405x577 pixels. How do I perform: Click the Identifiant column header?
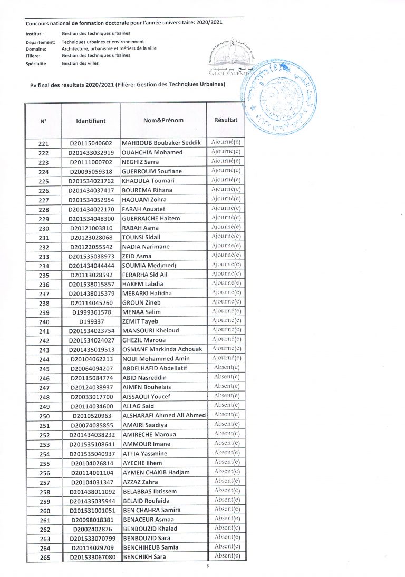point(91,121)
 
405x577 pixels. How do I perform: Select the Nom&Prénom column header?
point(163,120)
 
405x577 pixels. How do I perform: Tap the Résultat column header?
point(226,120)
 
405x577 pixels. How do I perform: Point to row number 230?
point(44,228)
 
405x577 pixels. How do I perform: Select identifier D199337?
point(91,322)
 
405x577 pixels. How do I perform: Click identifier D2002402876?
point(91,529)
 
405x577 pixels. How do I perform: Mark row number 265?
point(44,557)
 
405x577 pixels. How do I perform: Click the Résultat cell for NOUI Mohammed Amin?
point(226,358)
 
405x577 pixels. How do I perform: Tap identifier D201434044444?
point(91,266)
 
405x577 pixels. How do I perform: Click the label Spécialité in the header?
point(36,63)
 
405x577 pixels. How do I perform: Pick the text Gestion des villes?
point(80,63)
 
